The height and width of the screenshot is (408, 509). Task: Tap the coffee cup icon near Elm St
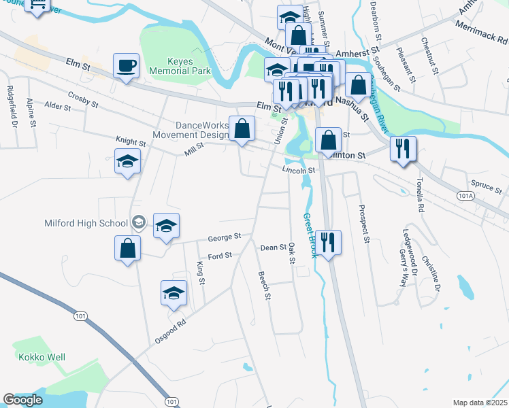pos(126,67)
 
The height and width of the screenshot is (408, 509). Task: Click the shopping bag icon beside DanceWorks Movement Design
pos(242,128)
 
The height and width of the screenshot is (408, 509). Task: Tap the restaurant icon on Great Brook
pos(328,243)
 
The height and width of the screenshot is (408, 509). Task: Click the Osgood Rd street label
pos(170,333)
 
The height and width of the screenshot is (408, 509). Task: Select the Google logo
pos(22,400)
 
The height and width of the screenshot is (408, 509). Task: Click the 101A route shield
pos(465,196)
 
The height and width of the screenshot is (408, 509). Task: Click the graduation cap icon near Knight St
pos(127,162)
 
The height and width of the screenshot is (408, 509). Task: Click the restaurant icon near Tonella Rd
pos(403,148)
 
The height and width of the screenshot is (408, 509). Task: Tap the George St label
pos(225,238)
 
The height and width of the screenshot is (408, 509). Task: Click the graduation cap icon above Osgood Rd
pos(174,292)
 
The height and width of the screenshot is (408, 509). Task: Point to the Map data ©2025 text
pos(480,403)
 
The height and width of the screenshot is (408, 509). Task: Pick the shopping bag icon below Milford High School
pos(127,248)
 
